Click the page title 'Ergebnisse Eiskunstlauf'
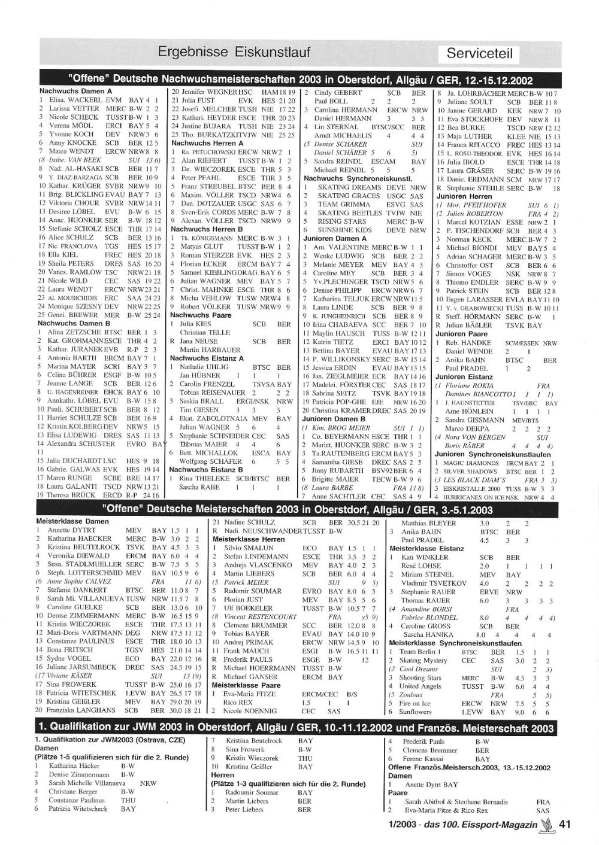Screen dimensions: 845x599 (234, 53)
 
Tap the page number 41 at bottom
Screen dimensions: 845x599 (564, 824)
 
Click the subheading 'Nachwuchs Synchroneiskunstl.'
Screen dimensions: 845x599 (358, 178)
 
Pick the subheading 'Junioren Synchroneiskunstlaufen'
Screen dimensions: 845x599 (493, 454)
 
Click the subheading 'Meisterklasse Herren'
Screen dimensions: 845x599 (249, 539)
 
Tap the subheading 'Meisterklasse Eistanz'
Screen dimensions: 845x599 (426, 548)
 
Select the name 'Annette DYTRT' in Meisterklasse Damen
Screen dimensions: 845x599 (71, 530)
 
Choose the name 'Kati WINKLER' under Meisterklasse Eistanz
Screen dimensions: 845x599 (426, 557)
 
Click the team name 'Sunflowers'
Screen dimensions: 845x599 (415, 712)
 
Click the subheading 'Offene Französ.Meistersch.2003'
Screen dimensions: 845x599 (469, 767)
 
